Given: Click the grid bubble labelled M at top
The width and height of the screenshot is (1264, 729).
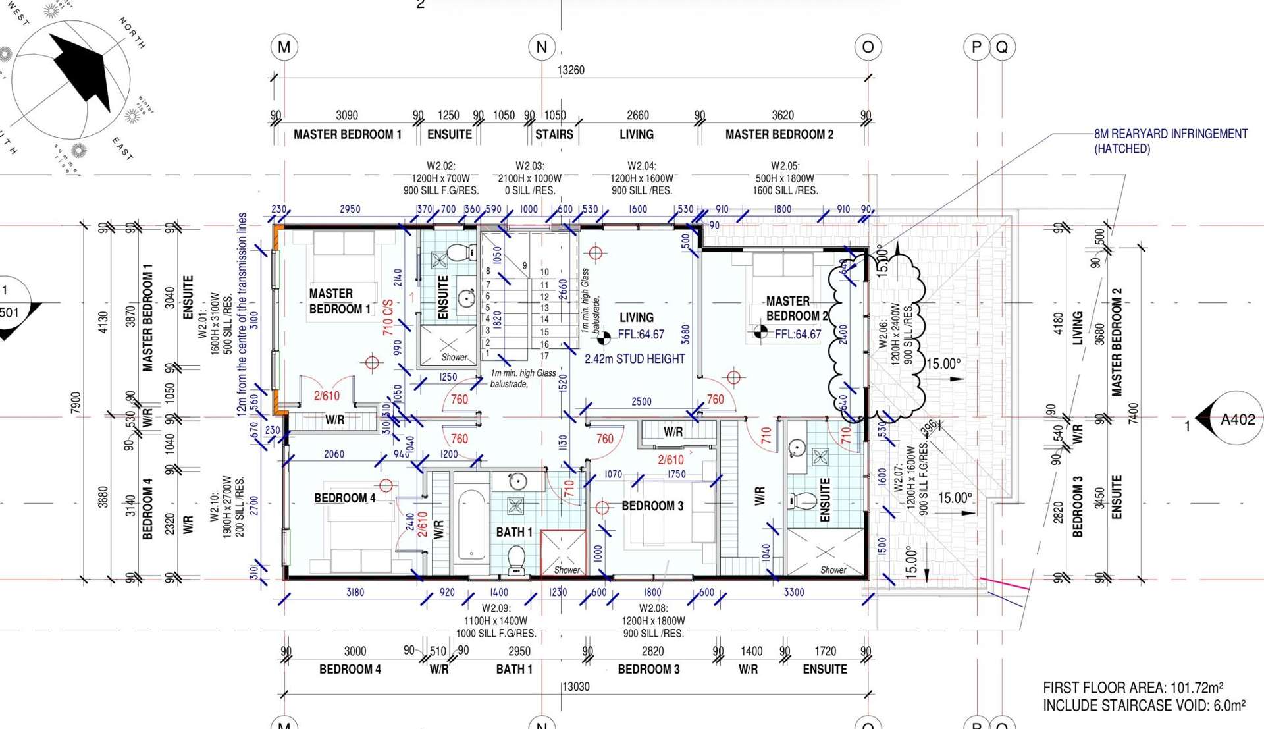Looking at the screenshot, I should pos(284,47).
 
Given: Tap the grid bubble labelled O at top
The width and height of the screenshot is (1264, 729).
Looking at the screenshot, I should pos(868,47).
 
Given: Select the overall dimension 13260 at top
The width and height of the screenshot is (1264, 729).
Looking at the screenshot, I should pos(571,70).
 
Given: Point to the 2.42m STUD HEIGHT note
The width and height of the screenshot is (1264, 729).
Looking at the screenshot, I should pos(635,359).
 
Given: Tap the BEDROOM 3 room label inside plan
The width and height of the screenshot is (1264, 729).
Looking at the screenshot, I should pos(652,506).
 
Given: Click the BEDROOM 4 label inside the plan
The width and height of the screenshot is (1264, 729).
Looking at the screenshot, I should pos(344,498).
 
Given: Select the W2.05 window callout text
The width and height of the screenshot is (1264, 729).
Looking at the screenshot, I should pos(785,178).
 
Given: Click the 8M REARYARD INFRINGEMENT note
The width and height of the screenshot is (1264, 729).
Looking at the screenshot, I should pos(1170,141).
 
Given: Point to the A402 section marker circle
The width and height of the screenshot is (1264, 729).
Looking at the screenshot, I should pos(1236,419).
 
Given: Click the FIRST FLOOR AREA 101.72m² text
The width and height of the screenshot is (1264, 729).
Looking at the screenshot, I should pos(1133,688).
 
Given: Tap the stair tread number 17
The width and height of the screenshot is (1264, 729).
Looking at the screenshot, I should pos(544,356).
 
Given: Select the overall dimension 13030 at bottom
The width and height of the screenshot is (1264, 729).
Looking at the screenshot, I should pos(575,687).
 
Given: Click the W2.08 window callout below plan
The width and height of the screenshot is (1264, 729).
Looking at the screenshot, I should pos(653,620).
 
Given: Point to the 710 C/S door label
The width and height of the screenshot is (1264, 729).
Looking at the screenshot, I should pos(388,317).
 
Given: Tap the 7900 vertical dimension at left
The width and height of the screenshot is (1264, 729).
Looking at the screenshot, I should pos(76,403).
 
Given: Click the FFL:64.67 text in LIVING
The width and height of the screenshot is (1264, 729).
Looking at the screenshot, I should pos(641,335).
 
